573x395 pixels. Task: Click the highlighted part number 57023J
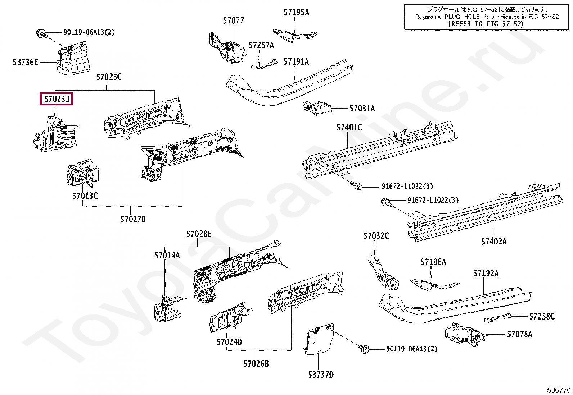(x=57, y=98)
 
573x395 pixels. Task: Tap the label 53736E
(x=25, y=62)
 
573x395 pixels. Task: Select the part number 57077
(x=233, y=20)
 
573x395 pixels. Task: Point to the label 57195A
(x=296, y=12)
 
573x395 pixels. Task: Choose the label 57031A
(x=362, y=108)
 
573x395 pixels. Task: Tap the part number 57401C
(x=349, y=127)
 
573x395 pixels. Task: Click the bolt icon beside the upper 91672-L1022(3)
(x=357, y=186)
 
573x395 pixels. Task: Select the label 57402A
(x=493, y=242)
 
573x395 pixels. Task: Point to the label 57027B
(x=133, y=219)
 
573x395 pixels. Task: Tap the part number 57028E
(x=199, y=234)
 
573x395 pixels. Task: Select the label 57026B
(x=256, y=363)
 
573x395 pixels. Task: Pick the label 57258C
(x=542, y=316)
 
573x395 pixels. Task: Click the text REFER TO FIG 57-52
(x=486, y=24)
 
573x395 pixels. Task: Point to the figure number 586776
(x=559, y=390)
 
